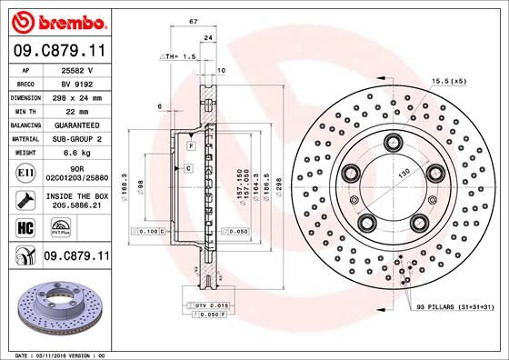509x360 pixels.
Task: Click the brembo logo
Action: tap(57, 20)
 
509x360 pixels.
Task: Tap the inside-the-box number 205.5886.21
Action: tap(75, 206)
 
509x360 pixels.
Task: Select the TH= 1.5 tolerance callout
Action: tap(179, 56)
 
